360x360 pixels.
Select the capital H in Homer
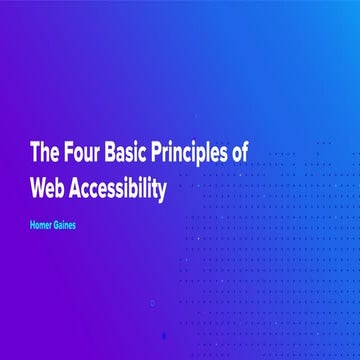33,225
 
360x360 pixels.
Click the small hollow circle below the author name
152,302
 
